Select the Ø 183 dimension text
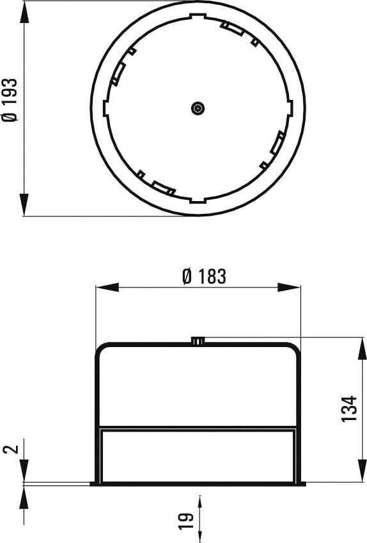(204, 277)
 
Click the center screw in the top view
(198, 108)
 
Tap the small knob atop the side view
(198, 341)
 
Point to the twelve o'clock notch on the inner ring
(198, 15)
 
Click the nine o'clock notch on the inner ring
(105, 108)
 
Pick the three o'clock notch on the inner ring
(291, 108)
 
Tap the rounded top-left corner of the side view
(101, 348)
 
